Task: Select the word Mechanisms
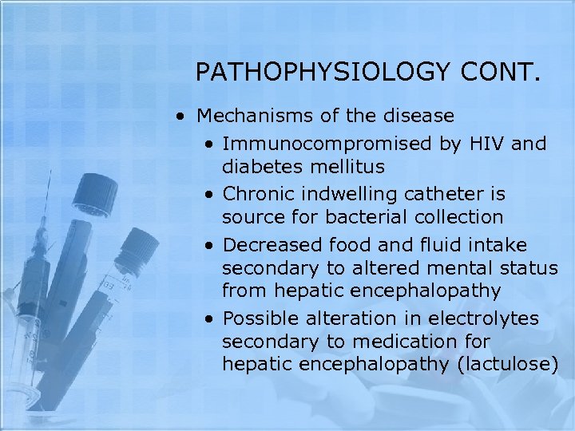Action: tap(256, 117)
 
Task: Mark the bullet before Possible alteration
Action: tap(208, 319)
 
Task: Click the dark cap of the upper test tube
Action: tap(93, 192)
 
